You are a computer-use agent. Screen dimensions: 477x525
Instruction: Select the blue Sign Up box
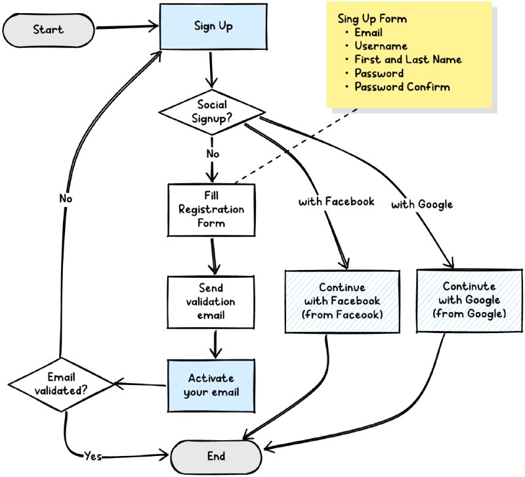(x=213, y=26)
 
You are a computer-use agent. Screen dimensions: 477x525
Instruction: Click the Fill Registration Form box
(x=211, y=210)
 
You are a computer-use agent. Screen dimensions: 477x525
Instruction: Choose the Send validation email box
(x=211, y=302)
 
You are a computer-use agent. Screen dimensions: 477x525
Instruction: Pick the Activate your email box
(x=211, y=386)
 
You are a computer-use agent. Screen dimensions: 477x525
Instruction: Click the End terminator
(x=216, y=457)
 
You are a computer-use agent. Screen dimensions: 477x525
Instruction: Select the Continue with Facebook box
(x=341, y=301)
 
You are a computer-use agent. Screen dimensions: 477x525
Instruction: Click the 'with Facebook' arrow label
(x=337, y=202)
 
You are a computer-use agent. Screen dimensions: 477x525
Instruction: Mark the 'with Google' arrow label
(x=422, y=204)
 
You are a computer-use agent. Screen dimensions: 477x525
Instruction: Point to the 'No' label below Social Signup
(x=212, y=154)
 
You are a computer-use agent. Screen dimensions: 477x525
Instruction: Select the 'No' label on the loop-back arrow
(x=66, y=198)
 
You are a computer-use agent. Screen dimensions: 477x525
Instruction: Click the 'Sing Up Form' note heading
(x=372, y=18)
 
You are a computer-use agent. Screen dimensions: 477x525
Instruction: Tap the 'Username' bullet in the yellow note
(x=381, y=46)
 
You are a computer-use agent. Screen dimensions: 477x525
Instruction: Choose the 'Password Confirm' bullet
(x=402, y=87)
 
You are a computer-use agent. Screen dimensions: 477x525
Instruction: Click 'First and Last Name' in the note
(x=408, y=60)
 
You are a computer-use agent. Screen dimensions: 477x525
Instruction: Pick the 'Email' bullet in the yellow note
(x=369, y=32)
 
